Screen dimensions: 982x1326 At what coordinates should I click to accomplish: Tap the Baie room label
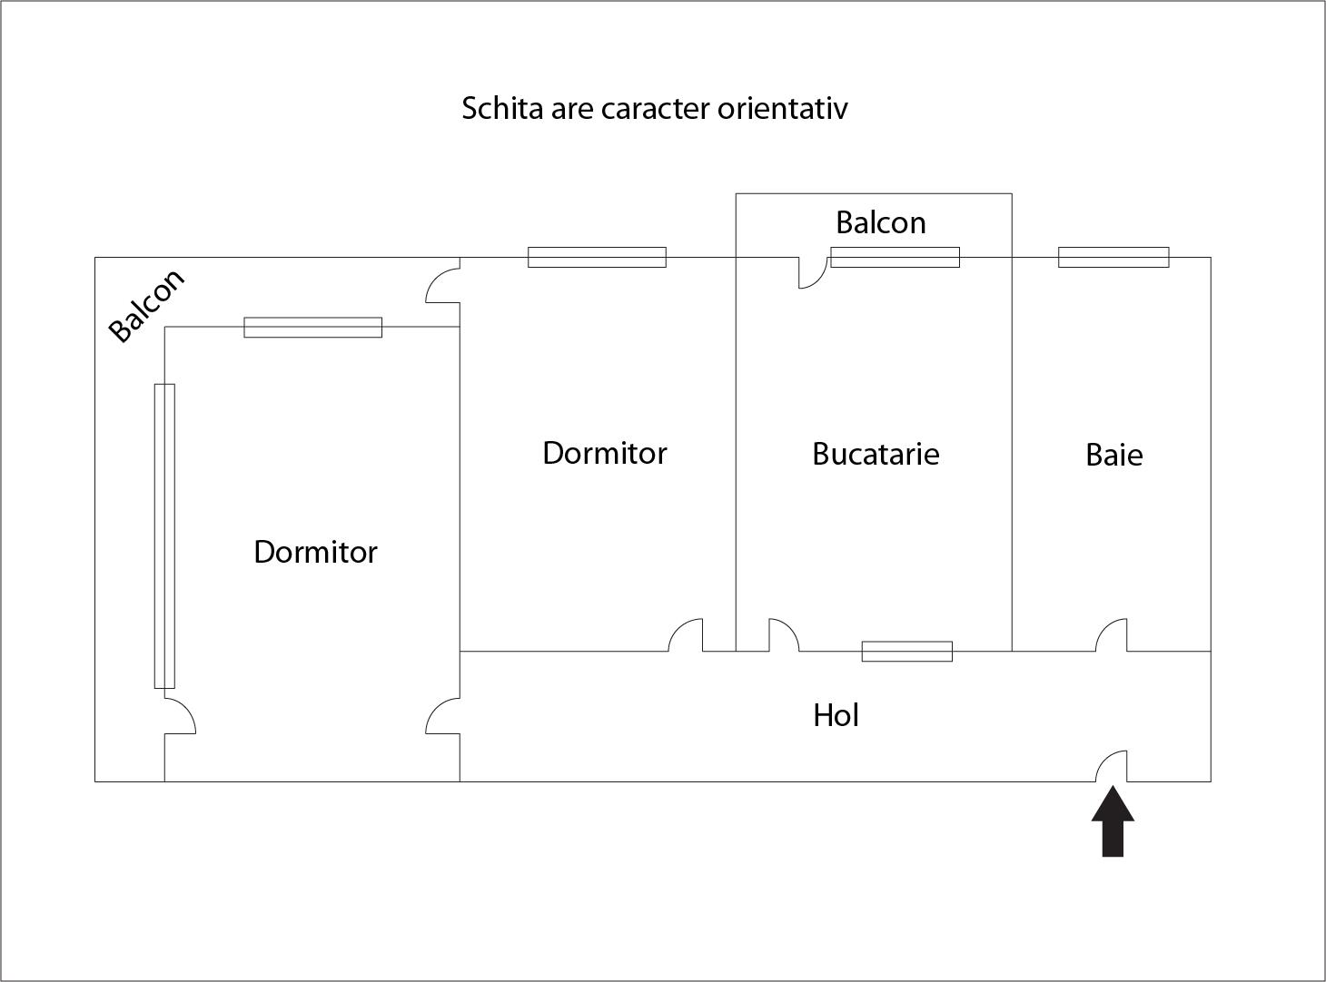[1113, 455]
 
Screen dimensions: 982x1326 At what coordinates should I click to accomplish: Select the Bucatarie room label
[875, 454]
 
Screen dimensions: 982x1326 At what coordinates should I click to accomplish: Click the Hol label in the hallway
[836, 715]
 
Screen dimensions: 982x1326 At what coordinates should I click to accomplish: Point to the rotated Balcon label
[146, 306]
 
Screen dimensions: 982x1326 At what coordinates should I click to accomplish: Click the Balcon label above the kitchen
[880, 223]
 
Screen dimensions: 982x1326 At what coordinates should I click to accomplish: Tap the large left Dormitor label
[315, 552]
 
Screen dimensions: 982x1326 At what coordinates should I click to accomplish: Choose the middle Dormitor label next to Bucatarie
[604, 453]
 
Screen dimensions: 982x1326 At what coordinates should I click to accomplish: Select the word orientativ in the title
[782, 109]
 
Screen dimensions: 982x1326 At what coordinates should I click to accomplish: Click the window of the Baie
[1113, 258]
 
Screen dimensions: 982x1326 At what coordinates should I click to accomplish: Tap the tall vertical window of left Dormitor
[164, 535]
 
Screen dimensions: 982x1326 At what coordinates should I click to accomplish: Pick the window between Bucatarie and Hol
[906, 651]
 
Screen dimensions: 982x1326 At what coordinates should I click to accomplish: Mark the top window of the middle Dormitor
[597, 257]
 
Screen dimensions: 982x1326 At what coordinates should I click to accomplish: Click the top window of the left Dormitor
[312, 328]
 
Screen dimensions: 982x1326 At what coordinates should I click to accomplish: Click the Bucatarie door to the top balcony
[813, 271]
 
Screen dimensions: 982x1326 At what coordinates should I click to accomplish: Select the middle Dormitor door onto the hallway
[687, 636]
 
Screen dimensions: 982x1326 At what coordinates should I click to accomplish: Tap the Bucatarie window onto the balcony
[895, 257]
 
